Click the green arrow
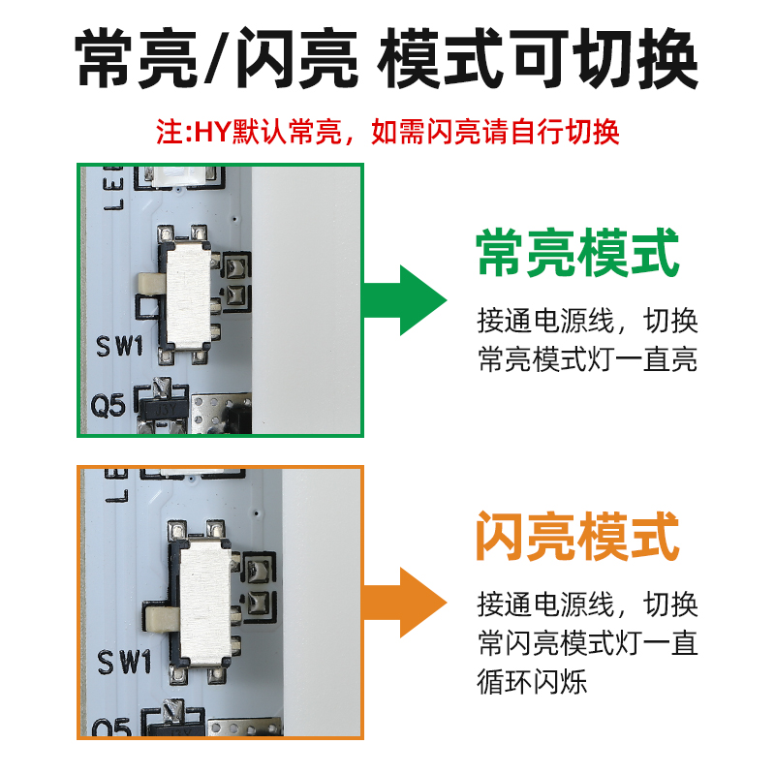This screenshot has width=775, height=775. coord(405,300)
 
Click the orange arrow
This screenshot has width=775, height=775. coord(405,603)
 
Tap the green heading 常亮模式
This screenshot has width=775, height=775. coord(577,253)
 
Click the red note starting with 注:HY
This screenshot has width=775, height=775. coord(387,132)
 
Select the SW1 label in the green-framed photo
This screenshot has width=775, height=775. coord(119,346)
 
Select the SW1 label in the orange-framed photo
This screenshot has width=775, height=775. coord(124,663)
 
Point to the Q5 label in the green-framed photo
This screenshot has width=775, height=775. coord(108,406)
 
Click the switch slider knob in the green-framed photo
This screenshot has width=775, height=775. coord(152,283)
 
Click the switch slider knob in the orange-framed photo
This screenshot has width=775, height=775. coord(162,619)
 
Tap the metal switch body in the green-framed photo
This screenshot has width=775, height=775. coord(189,295)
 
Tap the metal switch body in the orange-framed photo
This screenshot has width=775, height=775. coord(205,601)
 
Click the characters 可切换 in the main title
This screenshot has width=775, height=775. coord(603,59)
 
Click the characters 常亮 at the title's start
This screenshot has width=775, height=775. coord(137,59)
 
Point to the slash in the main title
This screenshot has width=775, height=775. coord(216,59)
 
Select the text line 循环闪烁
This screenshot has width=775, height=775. coord(532,682)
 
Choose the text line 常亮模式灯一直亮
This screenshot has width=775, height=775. coord(588,358)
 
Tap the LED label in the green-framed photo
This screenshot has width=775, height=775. coord(113,188)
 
